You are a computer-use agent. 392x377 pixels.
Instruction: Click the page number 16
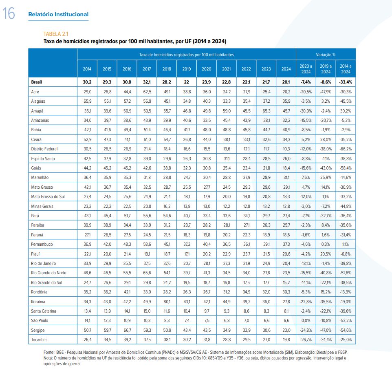[x=9, y=13]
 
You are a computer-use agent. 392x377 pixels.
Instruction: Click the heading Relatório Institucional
[x=58, y=15]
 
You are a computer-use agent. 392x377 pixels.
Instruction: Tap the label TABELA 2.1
[x=56, y=34]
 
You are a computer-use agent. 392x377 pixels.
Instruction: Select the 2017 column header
[x=147, y=69]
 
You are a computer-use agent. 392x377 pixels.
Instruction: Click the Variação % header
[x=326, y=55]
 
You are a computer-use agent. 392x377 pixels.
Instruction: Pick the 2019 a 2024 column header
[x=326, y=69]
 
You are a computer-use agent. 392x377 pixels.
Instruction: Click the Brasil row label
[x=37, y=82]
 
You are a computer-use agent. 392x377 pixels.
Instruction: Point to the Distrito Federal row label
[x=44, y=149]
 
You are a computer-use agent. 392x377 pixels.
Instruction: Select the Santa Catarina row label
[x=44, y=311]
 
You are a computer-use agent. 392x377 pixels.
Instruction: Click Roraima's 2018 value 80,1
[x=167, y=302]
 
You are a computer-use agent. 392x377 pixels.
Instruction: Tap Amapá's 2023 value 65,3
[x=266, y=111]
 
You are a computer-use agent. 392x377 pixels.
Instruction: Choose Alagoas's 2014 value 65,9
[x=88, y=101]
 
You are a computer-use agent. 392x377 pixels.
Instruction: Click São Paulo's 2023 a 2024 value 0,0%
[x=306, y=320]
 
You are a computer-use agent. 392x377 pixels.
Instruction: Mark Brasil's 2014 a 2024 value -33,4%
[x=346, y=82]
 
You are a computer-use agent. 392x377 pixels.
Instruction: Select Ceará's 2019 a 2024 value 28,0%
[x=326, y=139]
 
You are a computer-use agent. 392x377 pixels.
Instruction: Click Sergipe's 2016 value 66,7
[x=127, y=330]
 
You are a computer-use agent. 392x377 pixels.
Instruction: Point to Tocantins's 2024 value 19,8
[x=286, y=340]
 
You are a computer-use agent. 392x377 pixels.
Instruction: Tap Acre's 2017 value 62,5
[x=147, y=92]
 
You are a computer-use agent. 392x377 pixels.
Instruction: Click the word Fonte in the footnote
[x=48, y=352]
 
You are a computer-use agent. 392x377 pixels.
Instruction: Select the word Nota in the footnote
[x=48, y=358]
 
